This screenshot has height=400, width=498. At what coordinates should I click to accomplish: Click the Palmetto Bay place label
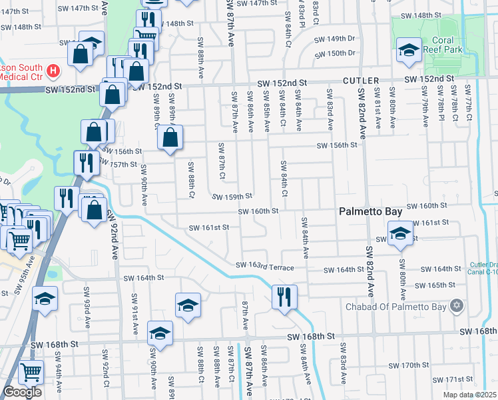pyautogui.click(x=370, y=211)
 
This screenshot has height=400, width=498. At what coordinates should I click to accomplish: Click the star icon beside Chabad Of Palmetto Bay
pyautogui.click(x=456, y=306)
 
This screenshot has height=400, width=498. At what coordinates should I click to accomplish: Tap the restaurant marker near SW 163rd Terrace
pyautogui.click(x=284, y=297)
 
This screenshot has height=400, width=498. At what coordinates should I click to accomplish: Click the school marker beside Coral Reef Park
pyautogui.click(x=409, y=50)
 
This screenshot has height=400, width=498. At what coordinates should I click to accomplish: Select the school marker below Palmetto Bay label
pyautogui.click(x=400, y=234)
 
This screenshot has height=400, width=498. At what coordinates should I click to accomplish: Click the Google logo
pyautogui.click(x=22, y=392)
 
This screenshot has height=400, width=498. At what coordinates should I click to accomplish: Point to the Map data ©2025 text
pyautogui.click(x=470, y=395)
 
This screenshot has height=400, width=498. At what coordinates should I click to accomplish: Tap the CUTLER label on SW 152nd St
pyautogui.click(x=362, y=80)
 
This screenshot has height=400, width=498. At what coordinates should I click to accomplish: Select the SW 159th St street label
pyautogui.click(x=232, y=196)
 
